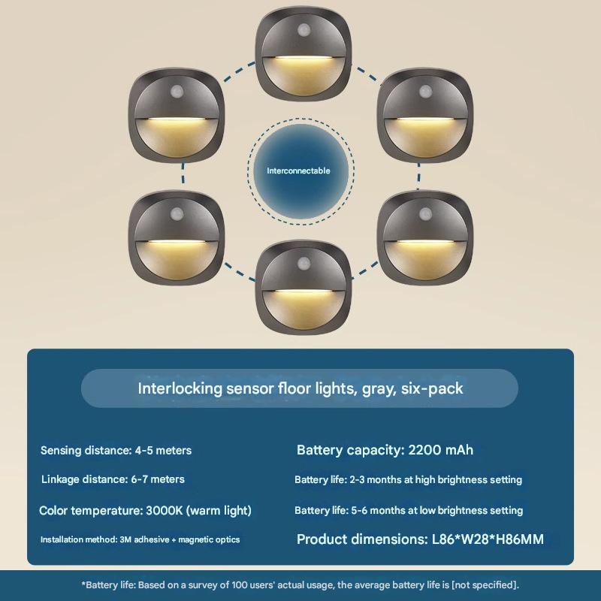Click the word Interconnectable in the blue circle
(x=298, y=171)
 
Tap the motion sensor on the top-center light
(x=304, y=29)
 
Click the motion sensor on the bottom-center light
(x=304, y=264)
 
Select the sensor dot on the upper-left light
(x=177, y=91)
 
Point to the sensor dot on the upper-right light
(x=425, y=91)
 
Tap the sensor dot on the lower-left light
(x=177, y=214)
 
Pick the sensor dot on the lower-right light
(x=425, y=214)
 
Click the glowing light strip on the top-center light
(x=303, y=58)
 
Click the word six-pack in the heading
(x=432, y=388)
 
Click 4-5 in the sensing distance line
(x=143, y=450)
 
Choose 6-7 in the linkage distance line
(x=139, y=479)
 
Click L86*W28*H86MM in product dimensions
(x=488, y=539)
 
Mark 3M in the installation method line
(x=125, y=539)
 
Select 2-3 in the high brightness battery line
(x=357, y=480)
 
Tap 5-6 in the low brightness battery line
(x=359, y=511)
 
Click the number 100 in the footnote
(x=240, y=585)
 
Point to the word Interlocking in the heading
(x=180, y=388)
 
